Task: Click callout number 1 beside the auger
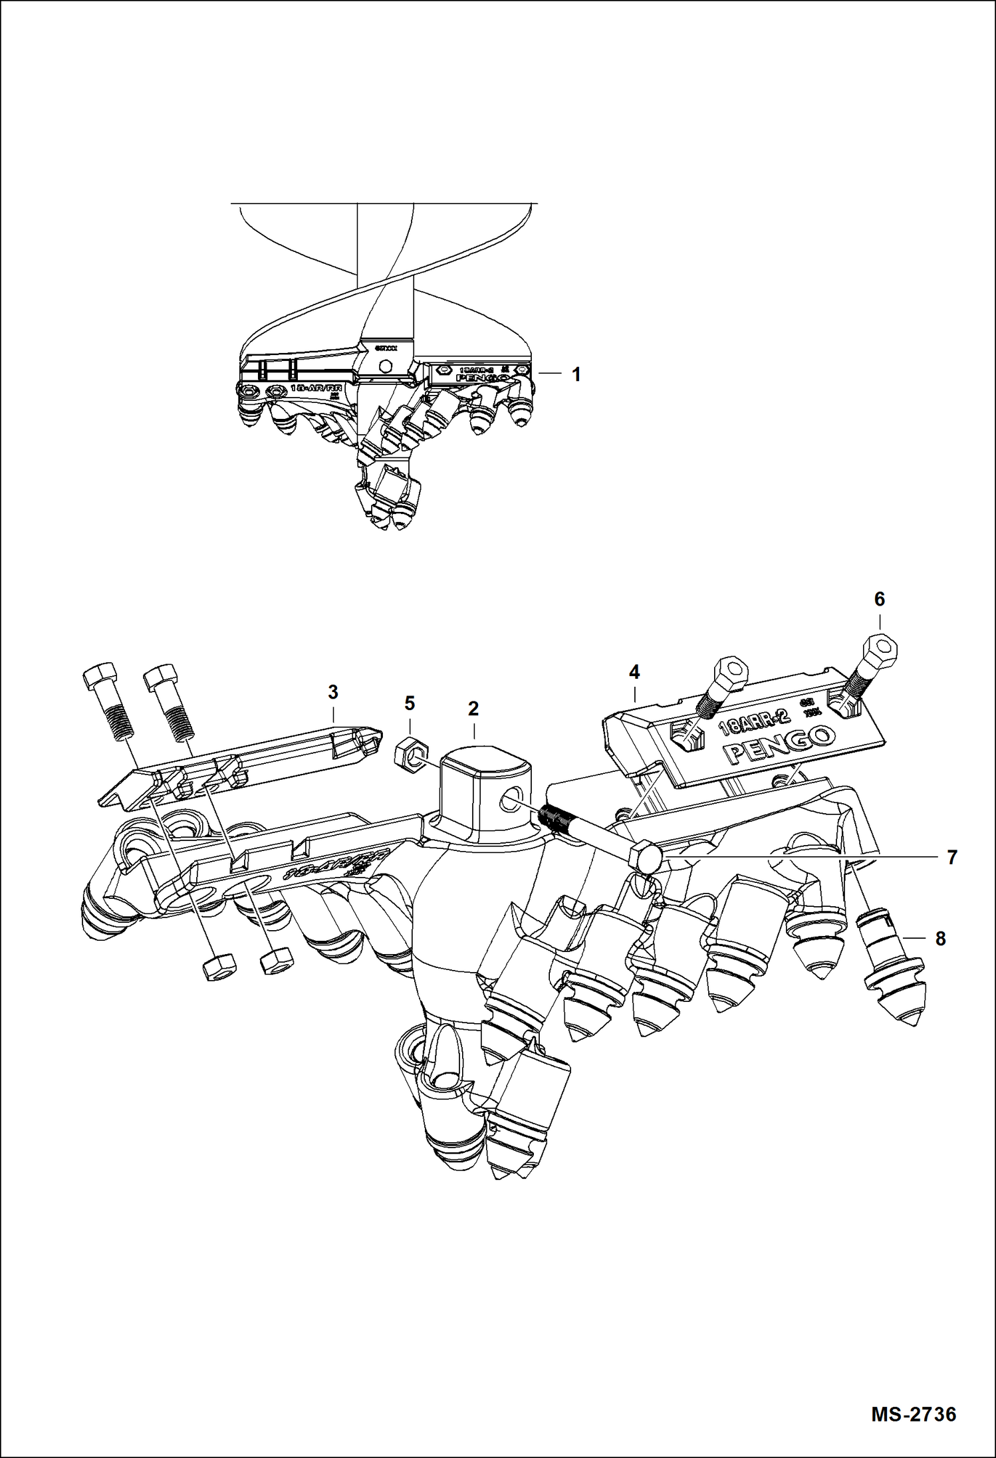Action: tap(576, 375)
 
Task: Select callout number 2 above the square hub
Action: tap(473, 709)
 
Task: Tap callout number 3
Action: tap(333, 692)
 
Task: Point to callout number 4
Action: tap(634, 673)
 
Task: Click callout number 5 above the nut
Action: tap(410, 703)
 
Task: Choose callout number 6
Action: tap(879, 600)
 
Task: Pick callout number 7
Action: tap(951, 858)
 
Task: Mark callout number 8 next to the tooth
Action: tap(940, 939)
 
